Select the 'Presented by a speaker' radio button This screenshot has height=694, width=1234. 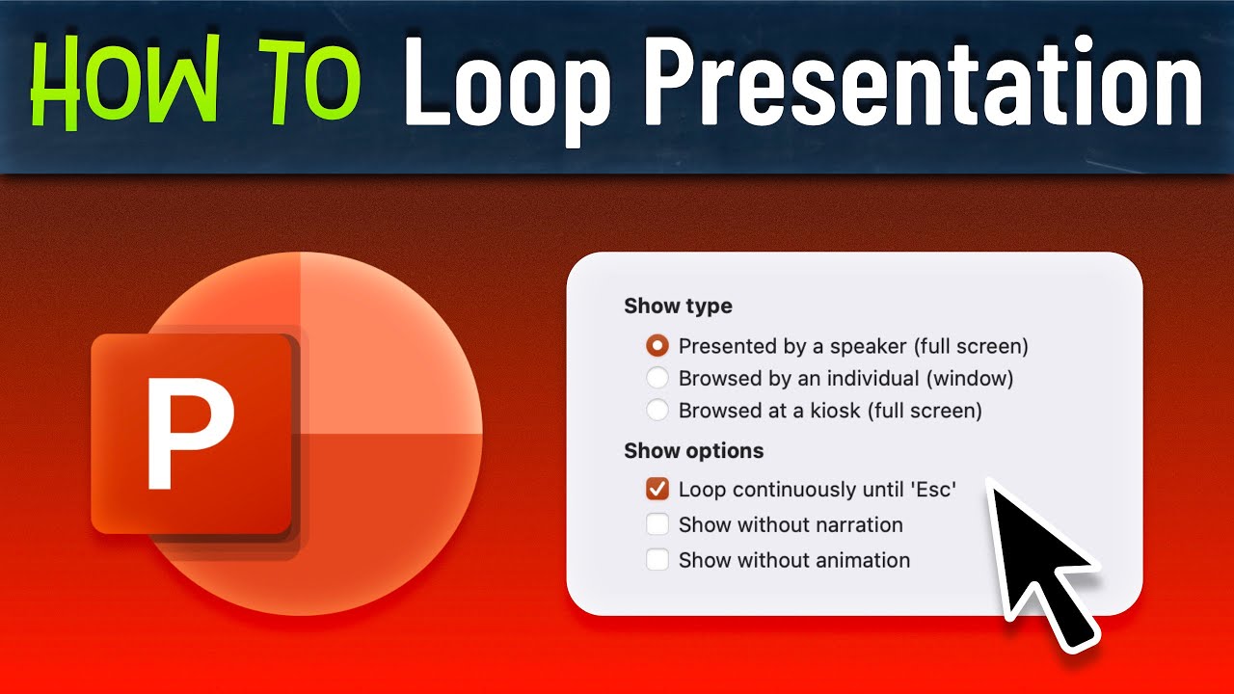(x=657, y=345)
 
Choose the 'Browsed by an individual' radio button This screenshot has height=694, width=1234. (x=657, y=378)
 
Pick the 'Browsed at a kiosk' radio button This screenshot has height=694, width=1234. (x=657, y=411)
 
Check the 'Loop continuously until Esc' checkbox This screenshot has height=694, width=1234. (x=657, y=490)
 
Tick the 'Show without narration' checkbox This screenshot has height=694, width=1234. (x=657, y=524)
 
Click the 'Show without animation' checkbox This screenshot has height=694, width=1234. (x=657, y=559)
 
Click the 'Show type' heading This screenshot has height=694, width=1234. (x=678, y=307)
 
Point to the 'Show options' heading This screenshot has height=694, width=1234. (x=693, y=451)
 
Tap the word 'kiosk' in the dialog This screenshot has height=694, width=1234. (x=833, y=411)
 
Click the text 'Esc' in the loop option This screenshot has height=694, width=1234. (x=931, y=490)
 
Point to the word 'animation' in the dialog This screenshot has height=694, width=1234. (x=865, y=559)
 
